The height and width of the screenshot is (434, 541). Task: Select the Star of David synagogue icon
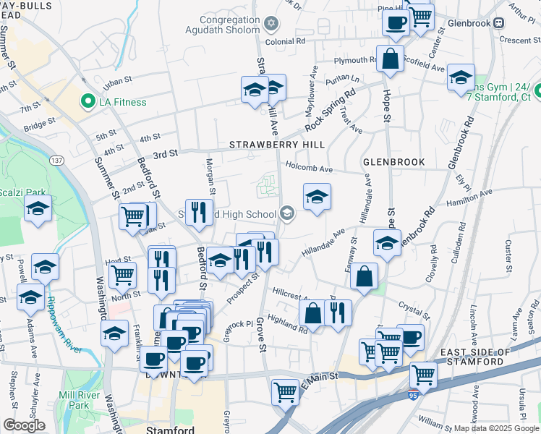click(x=272, y=25)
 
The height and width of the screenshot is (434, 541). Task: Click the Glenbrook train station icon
click(x=499, y=22)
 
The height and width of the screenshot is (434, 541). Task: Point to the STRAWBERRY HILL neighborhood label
click(x=277, y=145)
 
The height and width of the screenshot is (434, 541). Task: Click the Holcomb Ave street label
click(x=310, y=169)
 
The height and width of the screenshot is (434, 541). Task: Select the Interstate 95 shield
click(x=413, y=396)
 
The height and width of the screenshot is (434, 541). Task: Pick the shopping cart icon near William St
click(x=423, y=375)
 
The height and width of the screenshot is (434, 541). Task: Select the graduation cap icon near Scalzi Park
click(x=35, y=210)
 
